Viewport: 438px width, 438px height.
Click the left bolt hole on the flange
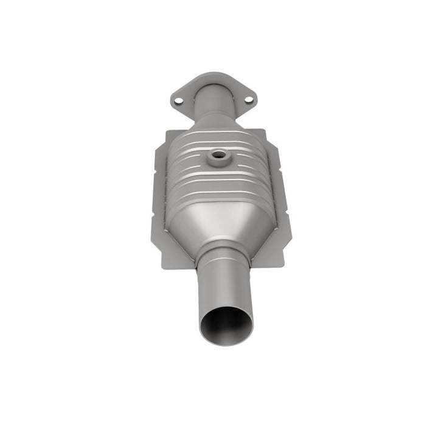tap(178, 101)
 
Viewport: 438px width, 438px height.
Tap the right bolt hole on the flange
tap(248, 99)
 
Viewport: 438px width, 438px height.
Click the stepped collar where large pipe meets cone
tap(223, 251)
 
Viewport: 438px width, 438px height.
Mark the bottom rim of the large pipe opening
tap(226, 344)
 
